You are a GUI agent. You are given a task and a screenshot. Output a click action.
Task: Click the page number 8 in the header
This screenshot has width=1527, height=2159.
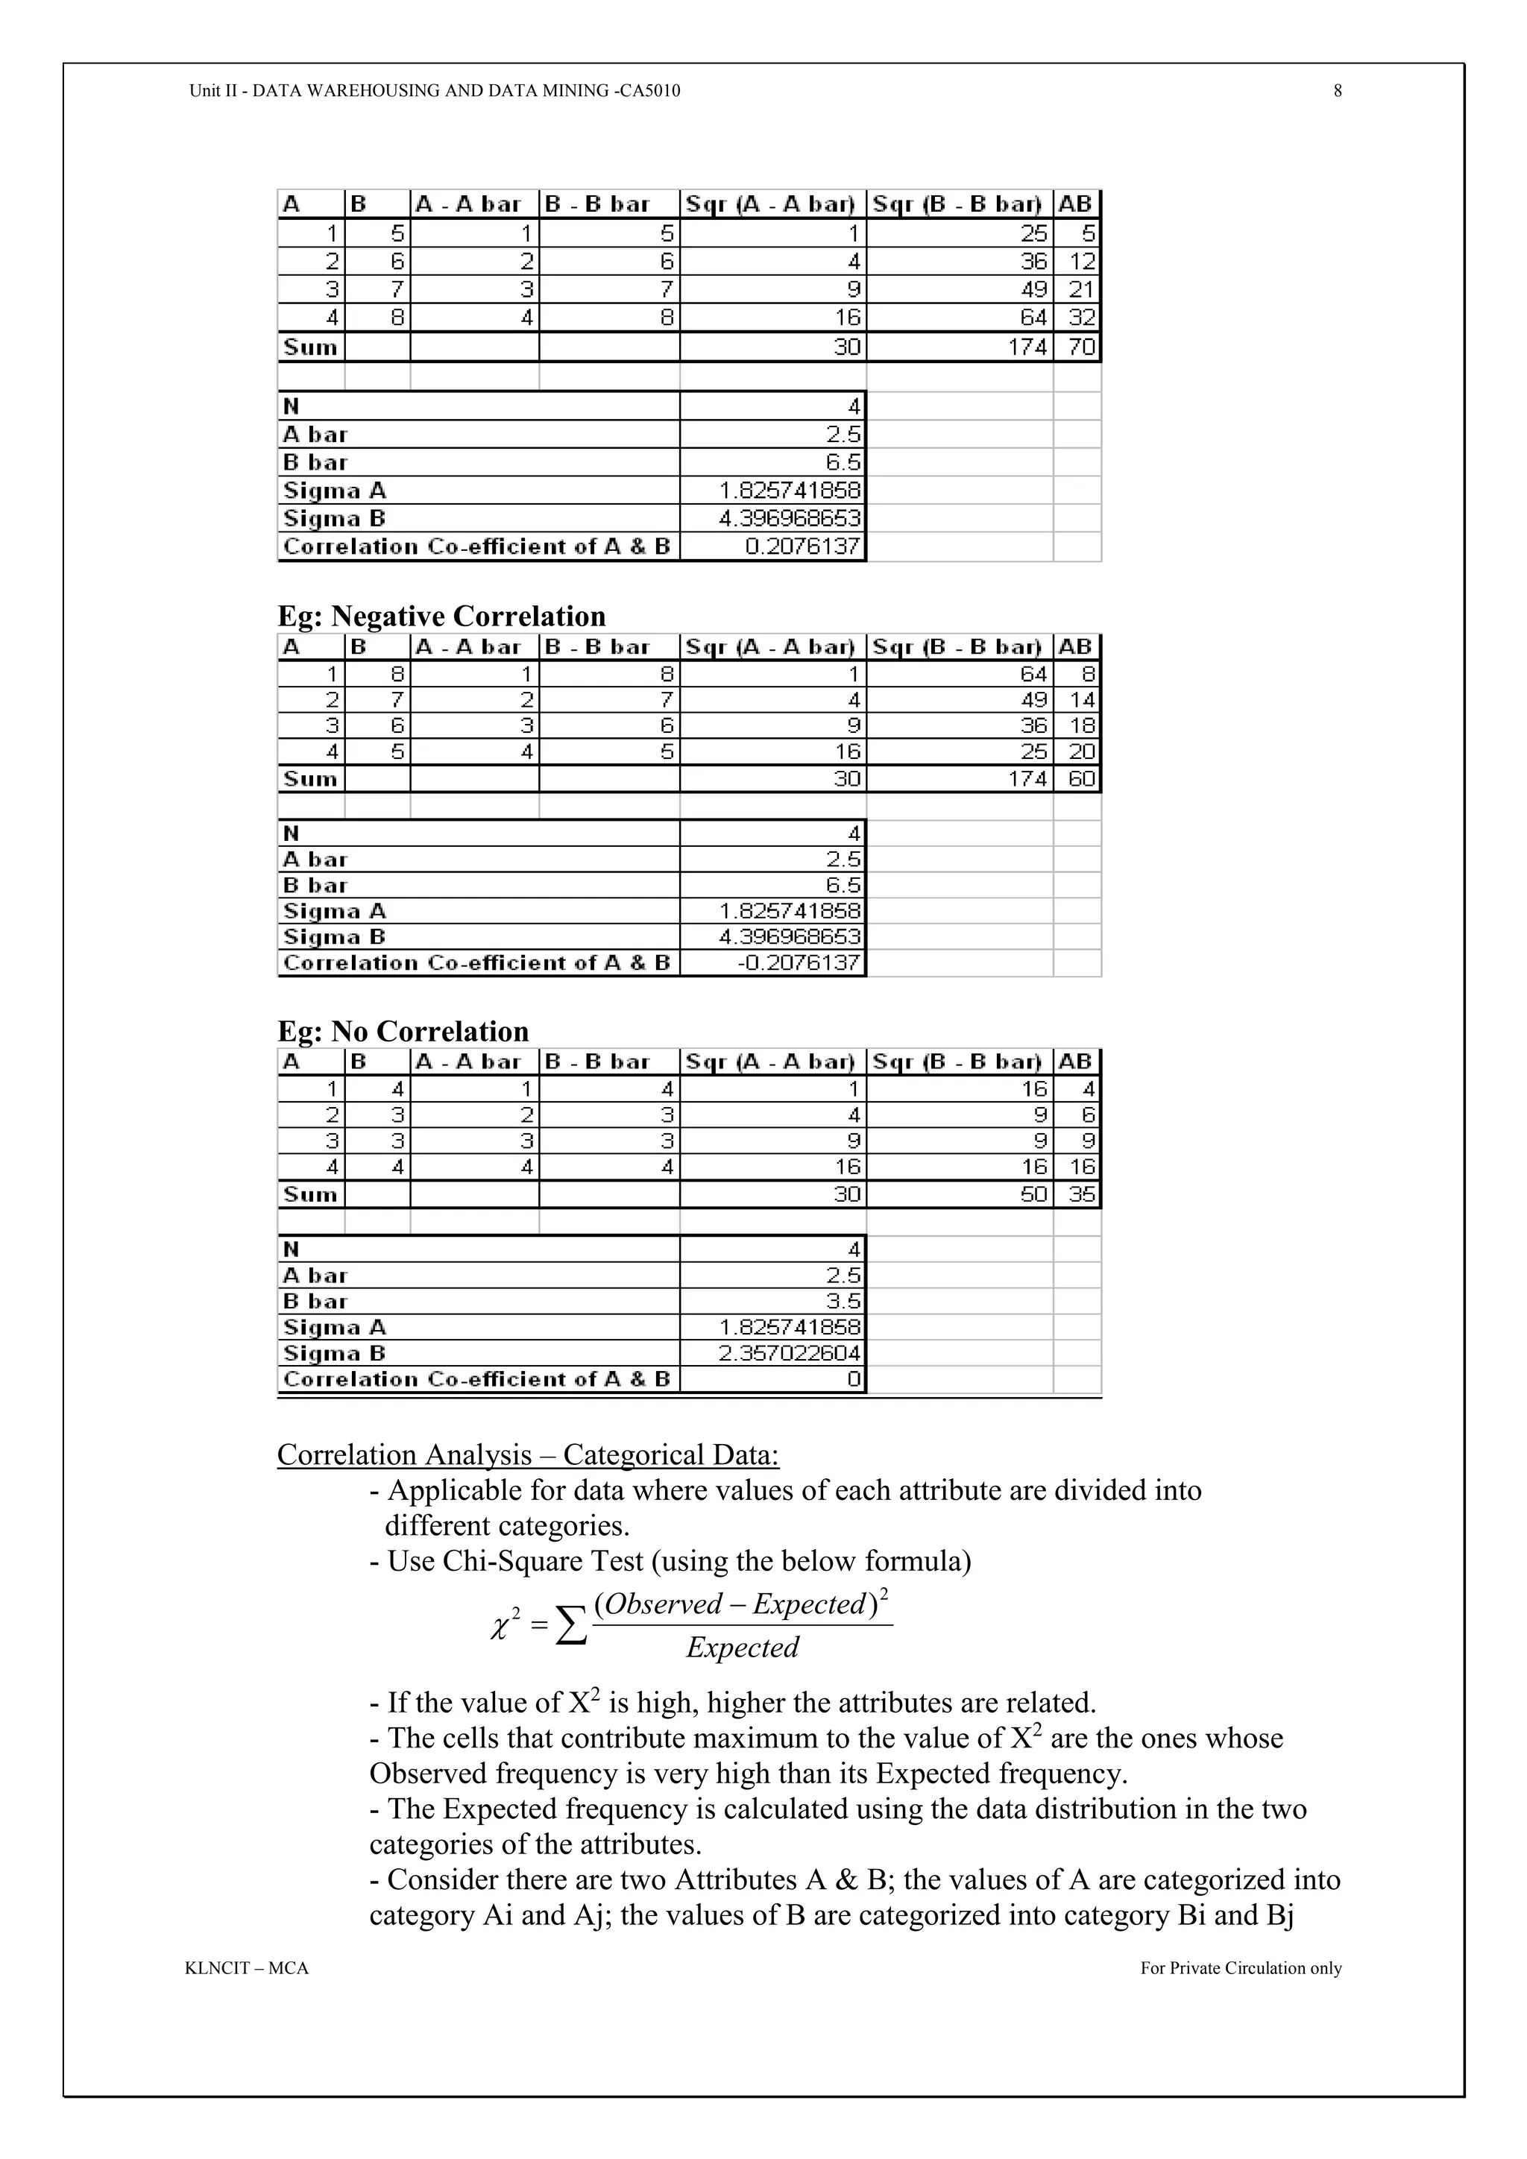coord(1337,91)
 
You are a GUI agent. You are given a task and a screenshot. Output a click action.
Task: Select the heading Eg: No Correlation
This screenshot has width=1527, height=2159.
coord(403,1032)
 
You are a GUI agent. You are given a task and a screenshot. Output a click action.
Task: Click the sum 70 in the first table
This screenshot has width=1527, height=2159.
coord(1081,347)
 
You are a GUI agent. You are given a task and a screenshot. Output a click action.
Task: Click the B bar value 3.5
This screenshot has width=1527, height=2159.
coord(843,1302)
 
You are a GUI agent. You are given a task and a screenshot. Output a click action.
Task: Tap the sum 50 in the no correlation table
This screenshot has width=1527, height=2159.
coord(1034,1194)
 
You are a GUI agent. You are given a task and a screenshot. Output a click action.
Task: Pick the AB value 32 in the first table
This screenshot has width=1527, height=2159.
coord(1081,318)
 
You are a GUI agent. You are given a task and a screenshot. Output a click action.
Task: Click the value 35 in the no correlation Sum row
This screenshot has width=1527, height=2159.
coord(1081,1194)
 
